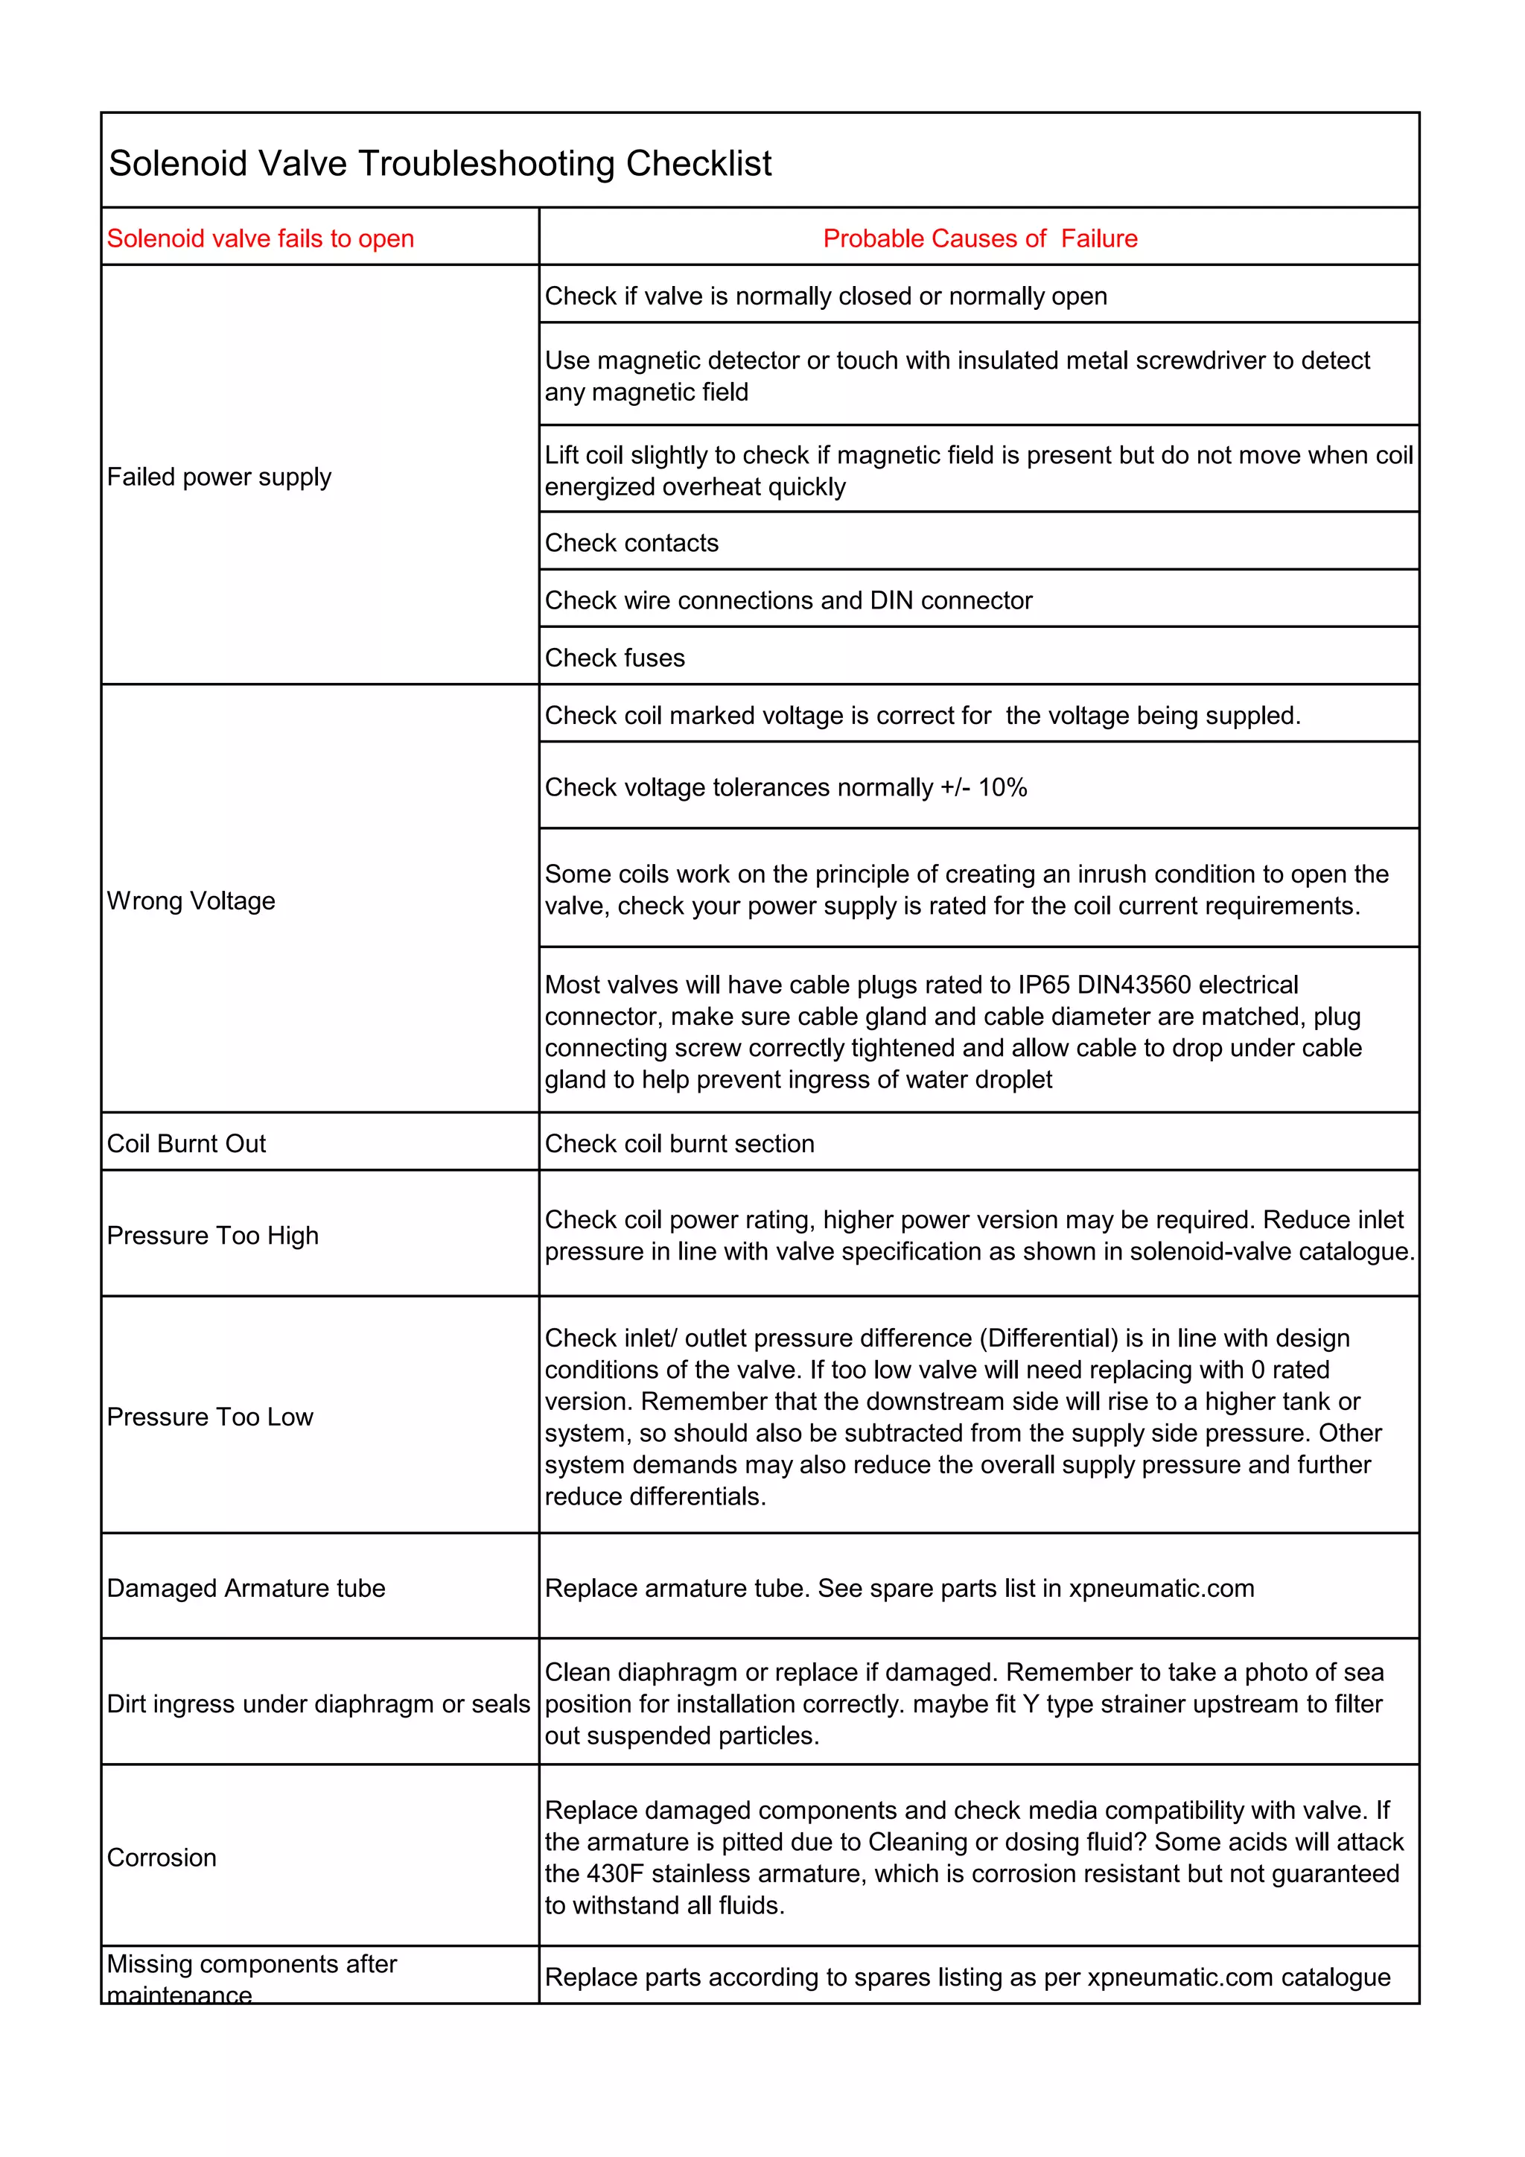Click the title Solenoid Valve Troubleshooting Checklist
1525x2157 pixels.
point(439,163)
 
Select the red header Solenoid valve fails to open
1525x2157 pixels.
point(260,238)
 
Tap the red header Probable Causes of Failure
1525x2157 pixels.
point(979,238)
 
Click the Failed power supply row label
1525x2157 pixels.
point(219,477)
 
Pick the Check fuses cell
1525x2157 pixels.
point(615,658)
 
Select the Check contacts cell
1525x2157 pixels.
point(631,543)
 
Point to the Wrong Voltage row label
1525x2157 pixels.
point(191,901)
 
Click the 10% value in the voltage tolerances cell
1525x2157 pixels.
point(1002,787)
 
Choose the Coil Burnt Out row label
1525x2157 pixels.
point(186,1143)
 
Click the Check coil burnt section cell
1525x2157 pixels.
point(679,1143)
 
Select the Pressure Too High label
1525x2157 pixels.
point(212,1236)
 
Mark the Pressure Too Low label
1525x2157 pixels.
point(209,1417)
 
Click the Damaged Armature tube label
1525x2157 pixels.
point(246,1588)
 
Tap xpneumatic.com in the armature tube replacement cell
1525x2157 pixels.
point(1161,1588)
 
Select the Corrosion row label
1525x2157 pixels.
point(162,1858)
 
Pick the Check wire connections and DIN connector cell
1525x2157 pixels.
point(788,600)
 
